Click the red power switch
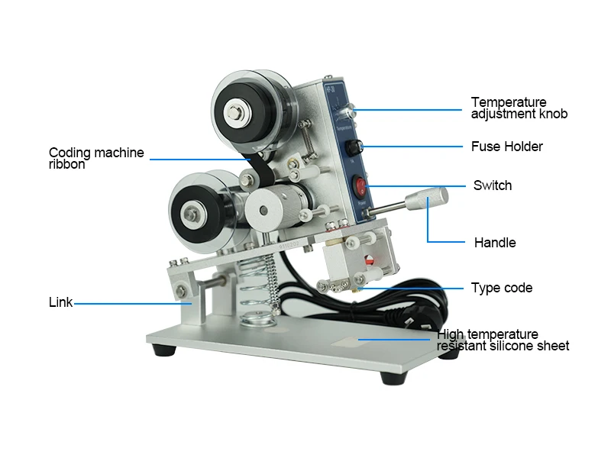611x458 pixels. pyautogui.click(x=360, y=185)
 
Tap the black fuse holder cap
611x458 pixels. pyautogui.click(x=354, y=148)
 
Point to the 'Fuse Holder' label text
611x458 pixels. pyautogui.click(x=506, y=147)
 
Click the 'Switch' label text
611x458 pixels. pyautogui.click(x=493, y=185)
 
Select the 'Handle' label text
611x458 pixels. pyautogui.click(x=495, y=243)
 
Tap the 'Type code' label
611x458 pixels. pyautogui.click(x=502, y=288)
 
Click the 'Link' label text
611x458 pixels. pyautogui.click(x=60, y=302)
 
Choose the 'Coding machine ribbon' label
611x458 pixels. pyautogui.click(x=96, y=158)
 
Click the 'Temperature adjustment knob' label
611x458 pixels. pyautogui.click(x=519, y=108)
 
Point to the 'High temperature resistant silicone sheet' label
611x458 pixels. pyautogui.click(x=503, y=340)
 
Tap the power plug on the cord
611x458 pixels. pyautogui.click(x=419, y=318)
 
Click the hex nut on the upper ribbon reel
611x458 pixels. pyautogui.click(x=235, y=113)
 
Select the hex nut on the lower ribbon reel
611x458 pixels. pyautogui.click(x=192, y=214)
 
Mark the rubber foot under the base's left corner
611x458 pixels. pyautogui.click(x=164, y=350)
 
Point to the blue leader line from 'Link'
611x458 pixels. pyautogui.click(x=133, y=304)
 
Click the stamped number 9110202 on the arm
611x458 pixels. pyautogui.click(x=289, y=245)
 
